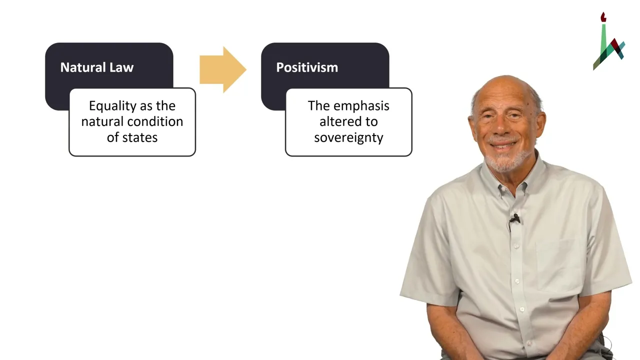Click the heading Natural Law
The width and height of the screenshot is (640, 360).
click(97, 67)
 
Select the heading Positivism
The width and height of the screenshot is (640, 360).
click(307, 67)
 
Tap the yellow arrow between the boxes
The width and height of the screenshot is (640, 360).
click(223, 69)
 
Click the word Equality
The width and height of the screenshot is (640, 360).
click(110, 106)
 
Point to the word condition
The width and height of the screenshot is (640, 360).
click(155, 121)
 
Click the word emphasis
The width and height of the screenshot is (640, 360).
click(361, 106)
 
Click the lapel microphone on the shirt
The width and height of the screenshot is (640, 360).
click(515, 218)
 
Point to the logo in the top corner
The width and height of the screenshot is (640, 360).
click(609, 41)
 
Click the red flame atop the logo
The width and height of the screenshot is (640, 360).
click(603, 17)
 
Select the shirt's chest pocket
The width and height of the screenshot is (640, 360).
click(558, 264)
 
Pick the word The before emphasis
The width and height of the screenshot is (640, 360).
click(318, 105)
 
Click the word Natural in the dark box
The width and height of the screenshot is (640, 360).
click(83, 67)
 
